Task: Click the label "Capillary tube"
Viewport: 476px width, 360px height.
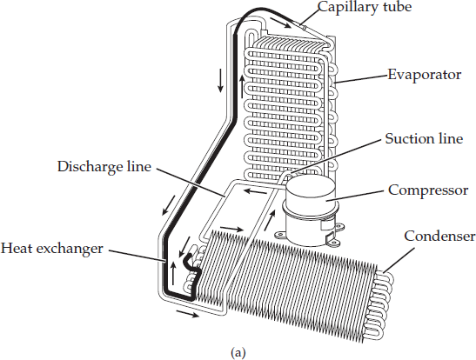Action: [365, 7]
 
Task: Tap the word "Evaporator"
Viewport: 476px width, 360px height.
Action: [424, 75]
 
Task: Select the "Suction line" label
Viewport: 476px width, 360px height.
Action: [424, 138]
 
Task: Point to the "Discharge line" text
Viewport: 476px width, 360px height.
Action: [104, 167]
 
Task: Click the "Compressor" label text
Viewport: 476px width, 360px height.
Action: [428, 190]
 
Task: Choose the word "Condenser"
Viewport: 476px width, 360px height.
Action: [439, 236]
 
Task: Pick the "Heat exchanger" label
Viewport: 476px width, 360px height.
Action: [52, 249]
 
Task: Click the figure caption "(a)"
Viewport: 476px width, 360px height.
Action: [238, 353]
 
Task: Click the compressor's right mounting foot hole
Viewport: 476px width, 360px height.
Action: [334, 242]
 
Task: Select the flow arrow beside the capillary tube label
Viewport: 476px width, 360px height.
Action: [280, 23]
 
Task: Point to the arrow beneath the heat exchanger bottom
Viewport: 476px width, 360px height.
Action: [187, 314]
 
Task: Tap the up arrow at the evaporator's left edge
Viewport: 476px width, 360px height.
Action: [242, 86]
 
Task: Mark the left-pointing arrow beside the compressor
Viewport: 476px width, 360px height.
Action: [256, 191]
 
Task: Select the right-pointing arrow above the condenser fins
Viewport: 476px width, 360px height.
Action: [231, 229]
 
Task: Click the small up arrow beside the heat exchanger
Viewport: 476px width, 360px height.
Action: [173, 273]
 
